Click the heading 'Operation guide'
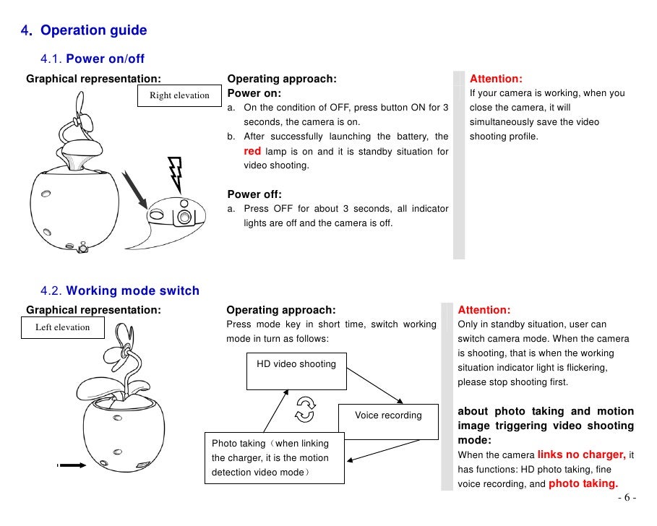[93, 30]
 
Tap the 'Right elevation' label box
[179, 95]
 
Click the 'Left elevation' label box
[63, 327]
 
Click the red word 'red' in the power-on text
[252, 151]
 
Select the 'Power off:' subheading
[254, 194]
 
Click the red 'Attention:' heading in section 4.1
[496, 79]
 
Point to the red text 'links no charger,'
[582, 454]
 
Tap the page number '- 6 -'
[627, 498]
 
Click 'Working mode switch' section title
[132, 291]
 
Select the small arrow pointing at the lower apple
[72, 466]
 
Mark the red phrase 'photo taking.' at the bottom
[583, 483]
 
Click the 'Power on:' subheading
[254, 93]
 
